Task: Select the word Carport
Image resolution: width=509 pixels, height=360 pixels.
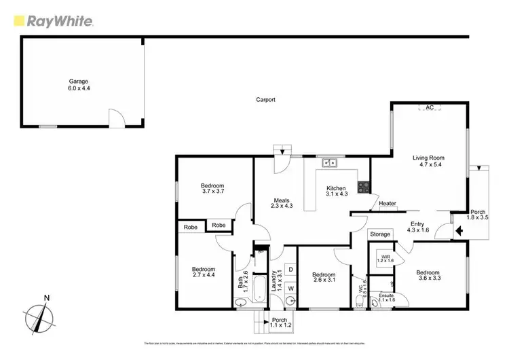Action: (x=265, y=100)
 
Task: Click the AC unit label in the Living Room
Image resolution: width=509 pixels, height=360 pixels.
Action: (x=428, y=107)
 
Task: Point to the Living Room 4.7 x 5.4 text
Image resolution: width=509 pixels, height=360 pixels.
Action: (x=428, y=161)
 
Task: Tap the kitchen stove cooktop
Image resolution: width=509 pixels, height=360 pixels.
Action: (x=363, y=186)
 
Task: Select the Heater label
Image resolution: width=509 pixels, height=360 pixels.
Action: (x=388, y=203)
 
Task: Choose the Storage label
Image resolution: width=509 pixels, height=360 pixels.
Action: (x=380, y=234)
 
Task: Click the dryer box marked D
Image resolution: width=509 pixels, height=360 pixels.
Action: (x=290, y=270)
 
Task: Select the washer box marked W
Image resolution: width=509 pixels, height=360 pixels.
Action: (x=290, y=287)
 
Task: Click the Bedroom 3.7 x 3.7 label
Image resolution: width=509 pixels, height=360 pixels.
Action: (x=212, y=189)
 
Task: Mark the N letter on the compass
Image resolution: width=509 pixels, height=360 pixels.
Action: (x=45, y=297)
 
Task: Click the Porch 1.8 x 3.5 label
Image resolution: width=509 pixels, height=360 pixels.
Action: (x=478, y=214)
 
